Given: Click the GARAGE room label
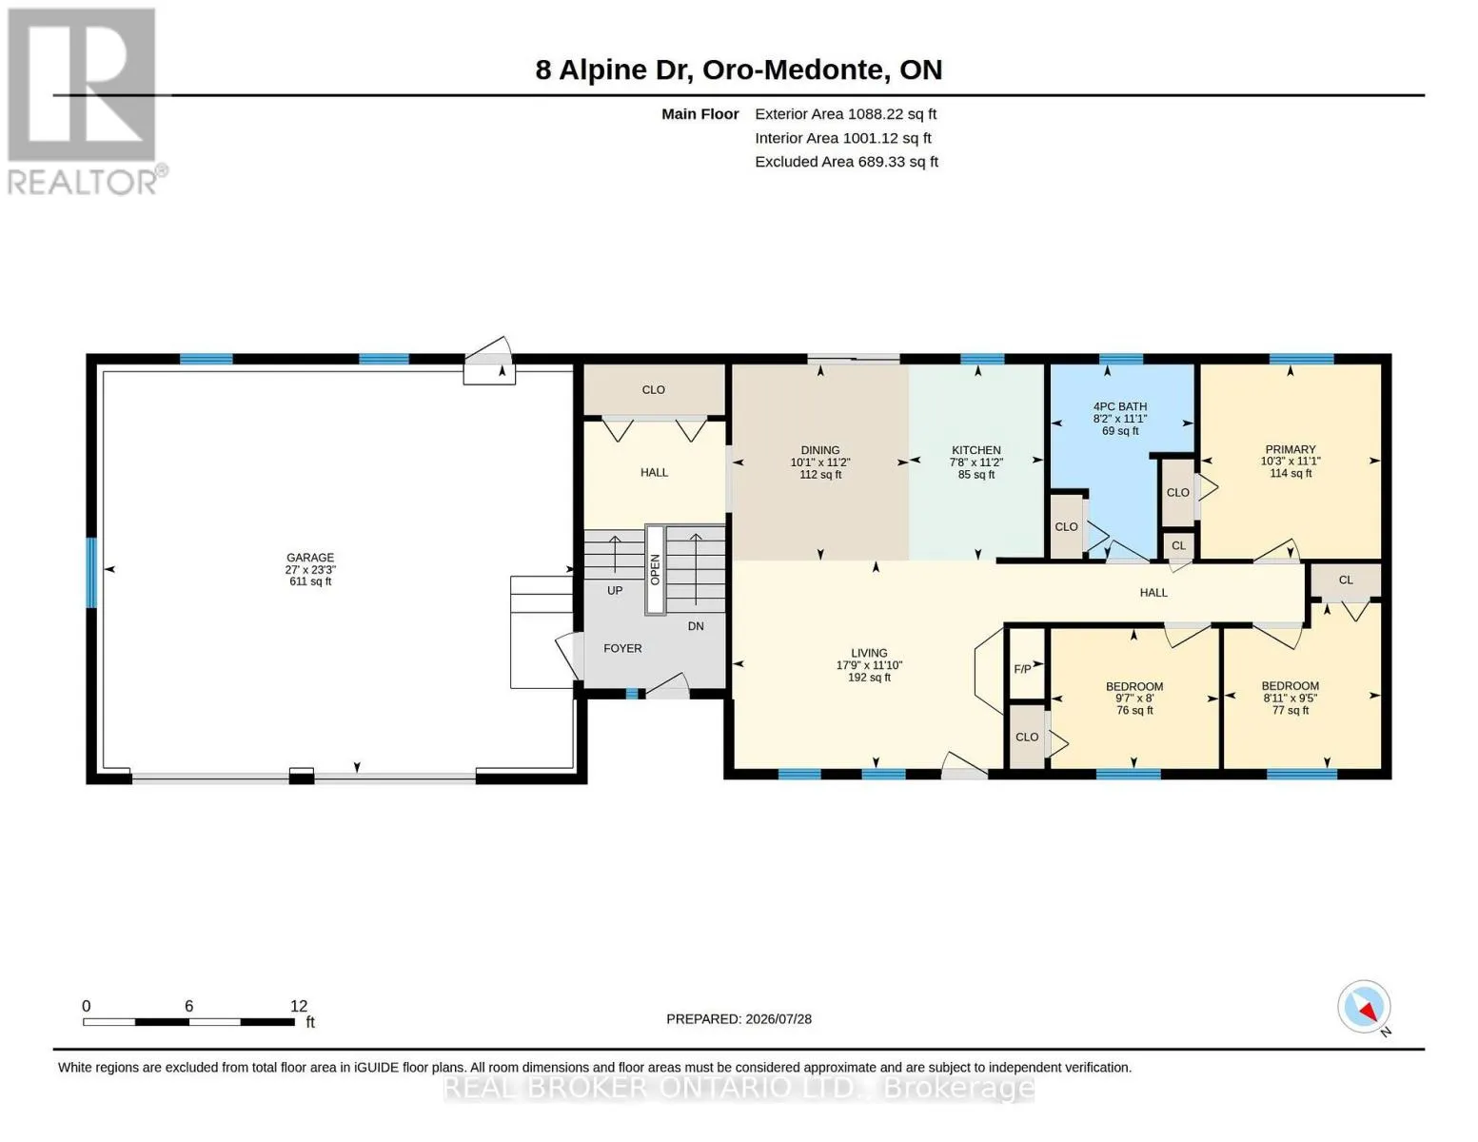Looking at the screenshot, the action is (310, 557).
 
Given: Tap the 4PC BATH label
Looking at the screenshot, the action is (1119, 406).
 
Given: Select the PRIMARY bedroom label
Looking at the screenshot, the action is (1291, 449).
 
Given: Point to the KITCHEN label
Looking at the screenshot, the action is (976, 450).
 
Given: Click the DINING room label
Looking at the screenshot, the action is (820, 450).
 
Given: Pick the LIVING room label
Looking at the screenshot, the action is (869, 653).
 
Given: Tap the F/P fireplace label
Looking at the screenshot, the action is (1022, 669).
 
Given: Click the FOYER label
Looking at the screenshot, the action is (622, 648).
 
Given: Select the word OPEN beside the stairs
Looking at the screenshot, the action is (655, 569).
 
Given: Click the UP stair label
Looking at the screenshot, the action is (615, 590).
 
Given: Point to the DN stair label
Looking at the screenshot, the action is (695, 626).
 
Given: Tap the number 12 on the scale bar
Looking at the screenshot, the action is (299, 1006).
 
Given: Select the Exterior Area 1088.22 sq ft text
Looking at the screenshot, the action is (845, 114).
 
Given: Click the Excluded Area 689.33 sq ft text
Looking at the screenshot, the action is (846, 162).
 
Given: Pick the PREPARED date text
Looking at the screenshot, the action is (739, 1019).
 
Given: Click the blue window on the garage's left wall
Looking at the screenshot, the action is (91, 572).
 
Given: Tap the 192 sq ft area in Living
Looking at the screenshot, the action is (869, 678).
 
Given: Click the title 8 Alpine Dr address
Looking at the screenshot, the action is (739, 69).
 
